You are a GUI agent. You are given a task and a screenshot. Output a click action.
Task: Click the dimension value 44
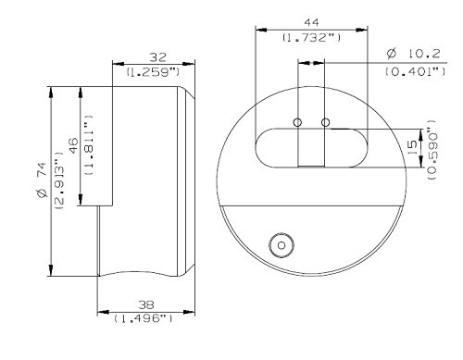pos(311,22)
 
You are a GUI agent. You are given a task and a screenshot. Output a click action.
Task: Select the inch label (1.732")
pos(312,38)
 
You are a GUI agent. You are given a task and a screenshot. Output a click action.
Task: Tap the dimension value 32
pos(157,57)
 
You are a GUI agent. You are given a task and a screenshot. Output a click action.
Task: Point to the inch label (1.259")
pos(153,72)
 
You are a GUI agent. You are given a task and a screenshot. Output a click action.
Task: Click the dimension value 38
pos(146,304)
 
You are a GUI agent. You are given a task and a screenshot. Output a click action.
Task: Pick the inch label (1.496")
pos(144,318)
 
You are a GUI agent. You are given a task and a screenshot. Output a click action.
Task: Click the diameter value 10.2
pos(424,54)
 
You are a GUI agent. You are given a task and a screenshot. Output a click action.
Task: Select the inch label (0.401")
pos(416,71)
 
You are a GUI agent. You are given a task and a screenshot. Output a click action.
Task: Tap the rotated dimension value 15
pos(412,148)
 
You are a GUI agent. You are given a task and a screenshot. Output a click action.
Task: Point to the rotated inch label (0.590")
pos(432,150)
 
